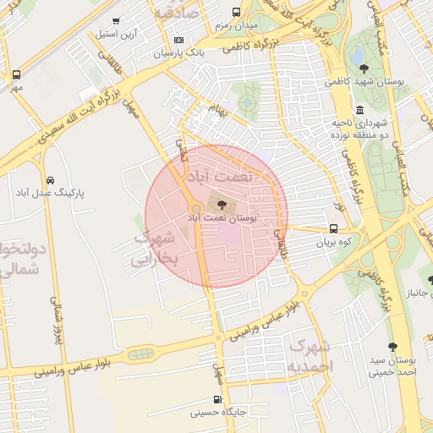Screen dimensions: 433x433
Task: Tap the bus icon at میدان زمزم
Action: [x=234, y=14]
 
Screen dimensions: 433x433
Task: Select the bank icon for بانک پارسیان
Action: [x=178, y=40]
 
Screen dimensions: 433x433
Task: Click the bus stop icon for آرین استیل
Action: [x=116, y=20]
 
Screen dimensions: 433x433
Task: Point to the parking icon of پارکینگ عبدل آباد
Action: [x=52, y=180]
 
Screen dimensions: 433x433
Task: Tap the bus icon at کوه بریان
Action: [x=333, y=228]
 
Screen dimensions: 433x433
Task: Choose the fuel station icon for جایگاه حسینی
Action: [x=217, y=400]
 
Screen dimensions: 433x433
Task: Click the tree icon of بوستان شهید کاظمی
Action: [x=364, y=69]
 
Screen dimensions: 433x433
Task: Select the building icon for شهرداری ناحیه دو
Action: [x=360, y=110]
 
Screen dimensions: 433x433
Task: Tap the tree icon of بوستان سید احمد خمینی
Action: [x=392, y=347]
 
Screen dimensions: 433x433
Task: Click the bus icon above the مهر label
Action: [x=17, y=74]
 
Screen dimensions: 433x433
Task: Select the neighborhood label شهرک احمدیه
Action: [x=310, y=356]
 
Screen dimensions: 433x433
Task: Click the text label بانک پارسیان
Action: [x=178, y=53]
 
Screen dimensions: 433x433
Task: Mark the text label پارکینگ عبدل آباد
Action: [x=52, y=193]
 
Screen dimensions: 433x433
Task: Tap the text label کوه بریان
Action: [x=332, y=242]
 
